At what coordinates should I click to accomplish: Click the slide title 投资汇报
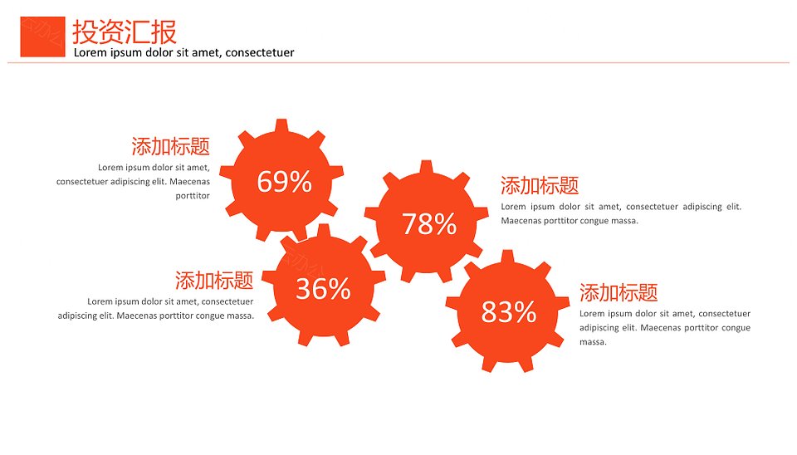pyautogui.click(x=125, y=32)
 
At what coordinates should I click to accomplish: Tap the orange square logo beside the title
pyautogui.click(x=42, y=37)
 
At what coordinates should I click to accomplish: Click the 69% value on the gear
pyautogui.click(x=284, y=182)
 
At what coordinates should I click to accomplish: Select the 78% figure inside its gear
pyautogui.click(x=429, y=223)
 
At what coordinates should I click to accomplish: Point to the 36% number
pyautogui.click(x=323, y=289)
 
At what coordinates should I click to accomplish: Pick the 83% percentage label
pyautogui.click(x=509, y=311)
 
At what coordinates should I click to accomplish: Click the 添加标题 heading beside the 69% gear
pyautogui.click(x=171, y=146)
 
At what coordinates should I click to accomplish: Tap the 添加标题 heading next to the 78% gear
pyautogui.click(x=540, y=185)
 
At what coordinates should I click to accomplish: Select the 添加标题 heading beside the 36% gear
pyautogui.click(x=214, y=280)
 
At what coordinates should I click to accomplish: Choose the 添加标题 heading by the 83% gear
pyautogui.click(x=619, y=293)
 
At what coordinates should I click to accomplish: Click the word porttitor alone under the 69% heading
pyautogui.click(x=193, y=196)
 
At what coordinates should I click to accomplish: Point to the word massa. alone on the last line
pyautogui.click(x=593, y=342)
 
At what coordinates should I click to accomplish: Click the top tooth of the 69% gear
pyautogui.click(x=281, y=125)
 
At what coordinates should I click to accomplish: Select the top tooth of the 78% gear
pyautogui.click(x=427, y=167)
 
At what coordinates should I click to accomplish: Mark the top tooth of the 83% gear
pyautogui.click(x=507, y=257)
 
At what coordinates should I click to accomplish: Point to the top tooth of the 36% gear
pyautogui.click(x=324, y=231)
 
